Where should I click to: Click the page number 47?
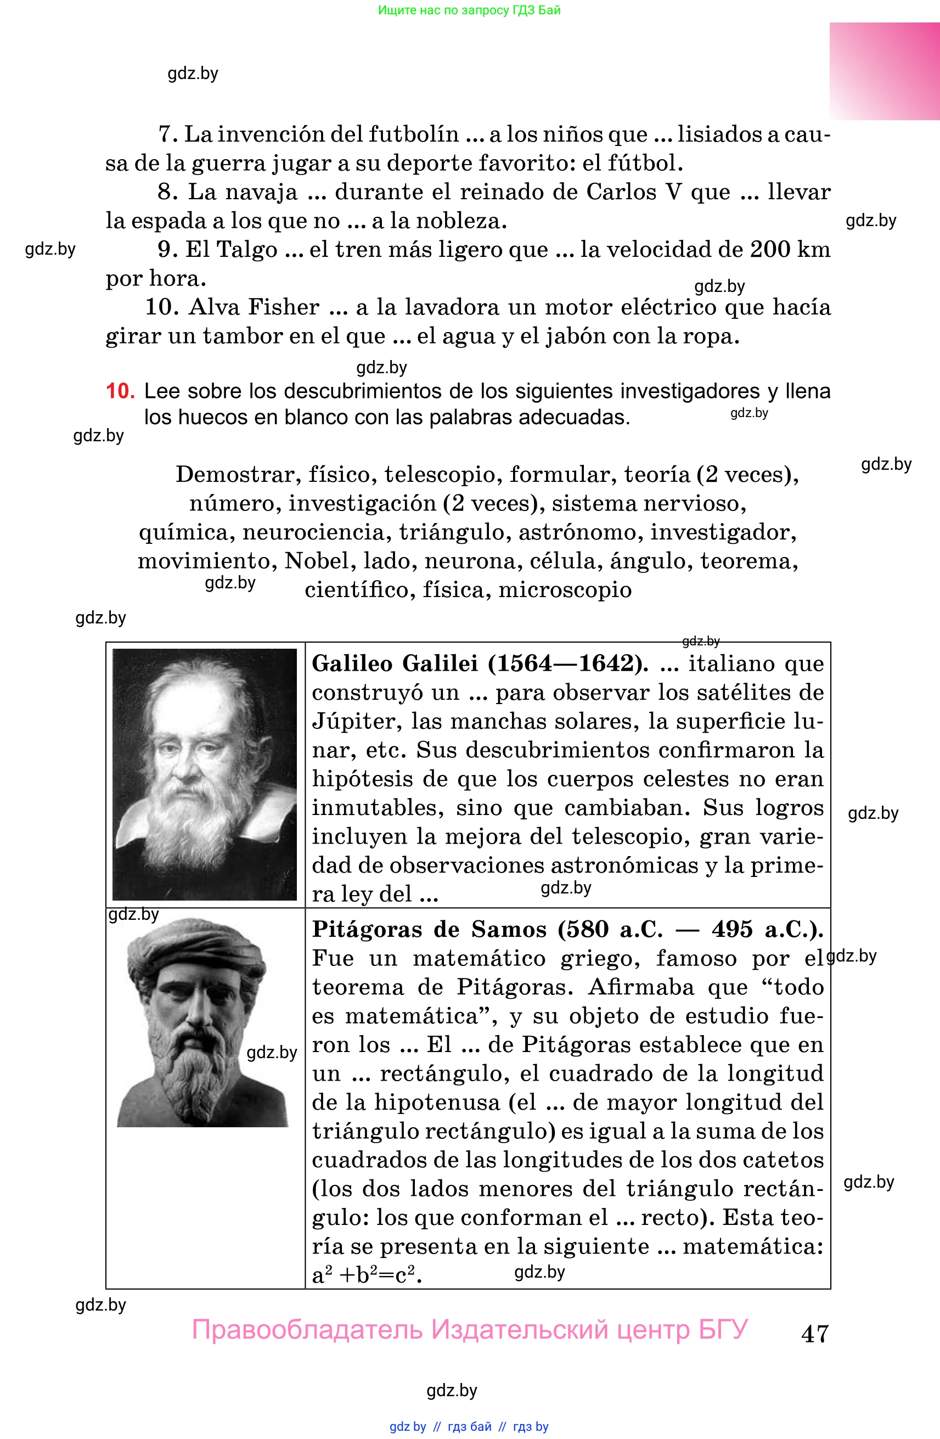click(814, 1333)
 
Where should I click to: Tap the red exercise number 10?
click(120, 391)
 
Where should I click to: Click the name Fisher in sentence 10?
click(284, 307)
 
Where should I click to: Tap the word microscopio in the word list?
click(565, 589)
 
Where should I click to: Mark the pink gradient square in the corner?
click(884, 71)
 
